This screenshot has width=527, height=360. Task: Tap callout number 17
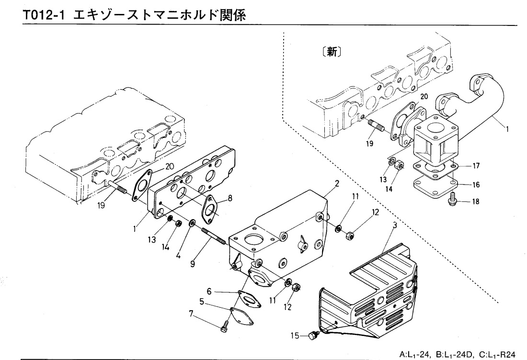click(476, 166)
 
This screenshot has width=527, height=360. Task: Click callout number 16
click(476, 184)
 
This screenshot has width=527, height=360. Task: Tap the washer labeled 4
click(192, 223)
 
